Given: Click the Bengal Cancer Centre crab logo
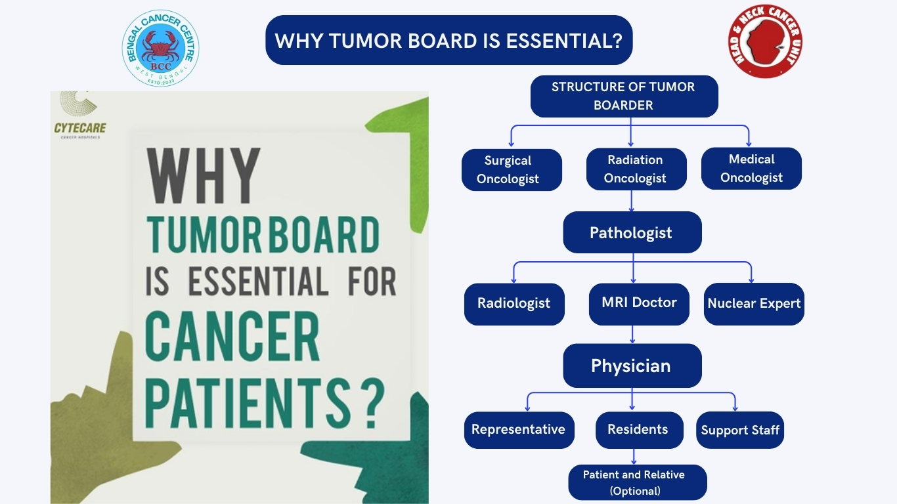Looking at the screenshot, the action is [161, 48].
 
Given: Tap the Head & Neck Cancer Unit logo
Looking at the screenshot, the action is [765, 41].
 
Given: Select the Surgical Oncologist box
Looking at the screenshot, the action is [512, 170].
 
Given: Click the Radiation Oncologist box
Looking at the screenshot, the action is [636, 169].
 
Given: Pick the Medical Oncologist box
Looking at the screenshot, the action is [752, 169].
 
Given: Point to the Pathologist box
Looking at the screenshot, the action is [632, 232].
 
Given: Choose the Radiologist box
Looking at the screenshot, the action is [514, 304].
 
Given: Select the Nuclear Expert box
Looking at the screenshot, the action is [754, 304].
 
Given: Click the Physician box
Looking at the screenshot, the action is [632, 366].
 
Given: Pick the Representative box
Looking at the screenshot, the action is [519, 430].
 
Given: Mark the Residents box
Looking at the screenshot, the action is [640, 430].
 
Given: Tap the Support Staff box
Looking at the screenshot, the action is [740, 430].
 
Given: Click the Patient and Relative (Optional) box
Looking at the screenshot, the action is [638, 482].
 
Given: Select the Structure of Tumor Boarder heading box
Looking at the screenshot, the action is [624, 96].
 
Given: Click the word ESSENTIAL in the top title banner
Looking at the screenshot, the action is [564, 41].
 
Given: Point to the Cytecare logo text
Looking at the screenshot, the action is [80, 128].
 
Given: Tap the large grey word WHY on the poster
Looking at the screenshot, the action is [204, 176].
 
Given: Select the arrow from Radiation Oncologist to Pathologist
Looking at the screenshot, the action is [632, 201].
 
